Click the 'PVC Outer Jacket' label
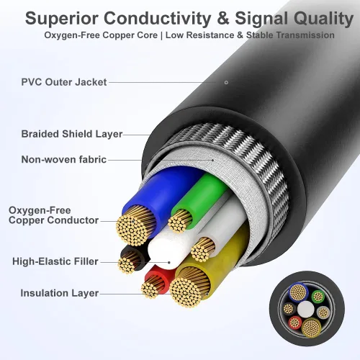coord(64,82)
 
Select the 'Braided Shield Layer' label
coord(72,134)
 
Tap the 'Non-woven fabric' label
coord(64,160)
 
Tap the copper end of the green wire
coord(180,220)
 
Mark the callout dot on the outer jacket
coord(226,83)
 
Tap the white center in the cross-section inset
coord(306,310)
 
